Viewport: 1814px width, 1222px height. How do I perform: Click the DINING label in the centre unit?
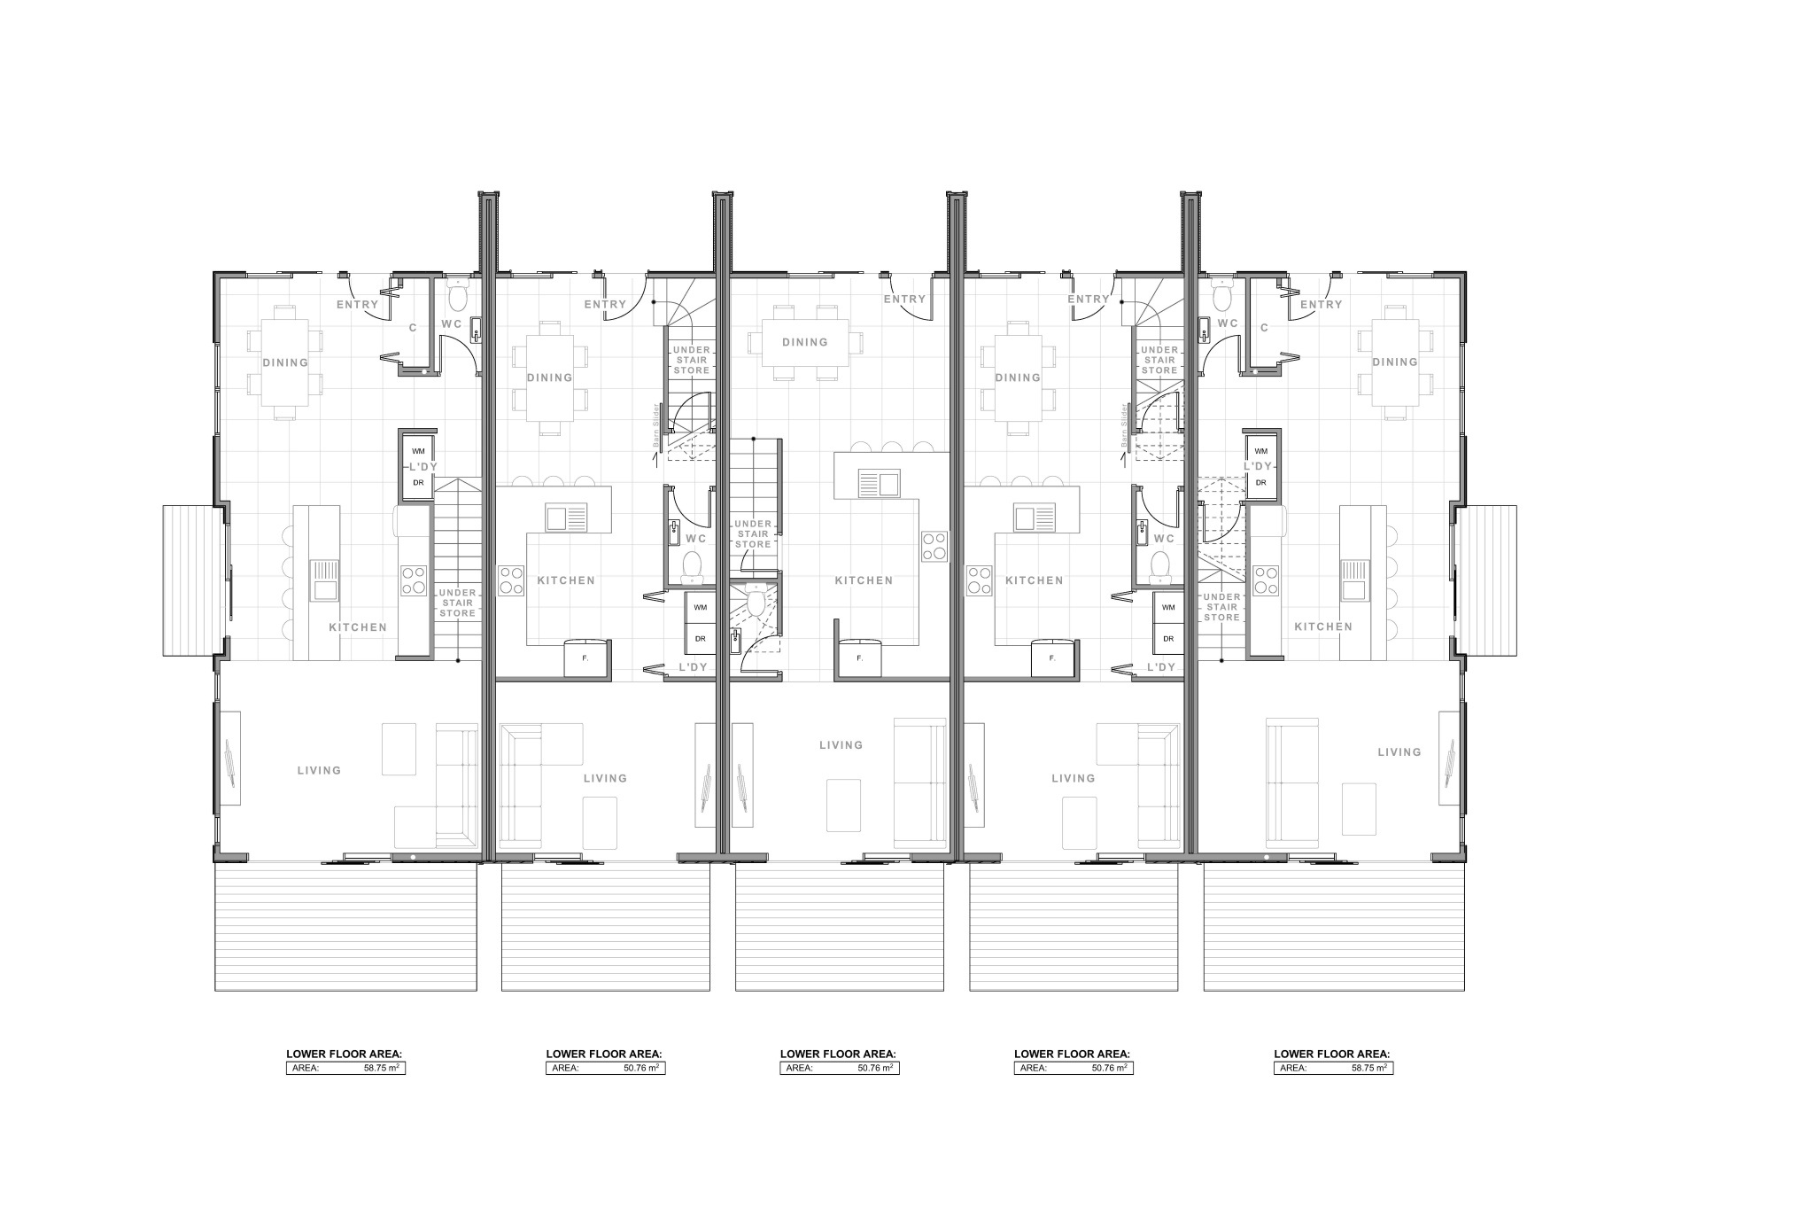[x=804, y=342]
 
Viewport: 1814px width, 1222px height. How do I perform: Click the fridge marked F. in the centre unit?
[x=858, y=658]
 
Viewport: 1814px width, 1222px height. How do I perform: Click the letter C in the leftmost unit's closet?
[x=413, y=328]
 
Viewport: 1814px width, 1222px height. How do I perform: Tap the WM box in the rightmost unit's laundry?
[x=1260, y=451]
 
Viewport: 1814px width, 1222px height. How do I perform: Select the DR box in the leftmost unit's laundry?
[x=417, y=483]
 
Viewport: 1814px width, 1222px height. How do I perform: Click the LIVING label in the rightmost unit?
[x=1399, y=751]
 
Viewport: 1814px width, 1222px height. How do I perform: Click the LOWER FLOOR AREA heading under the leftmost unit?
[x=344, y=1054]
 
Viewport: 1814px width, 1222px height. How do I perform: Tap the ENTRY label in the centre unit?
[x=903, y=300]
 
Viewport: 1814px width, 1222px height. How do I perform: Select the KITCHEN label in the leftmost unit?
[x=358, y=627]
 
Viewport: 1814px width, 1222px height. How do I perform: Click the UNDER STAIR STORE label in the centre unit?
[x=753, y=533]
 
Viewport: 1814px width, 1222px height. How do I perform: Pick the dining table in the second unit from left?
[x=549, y=377]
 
